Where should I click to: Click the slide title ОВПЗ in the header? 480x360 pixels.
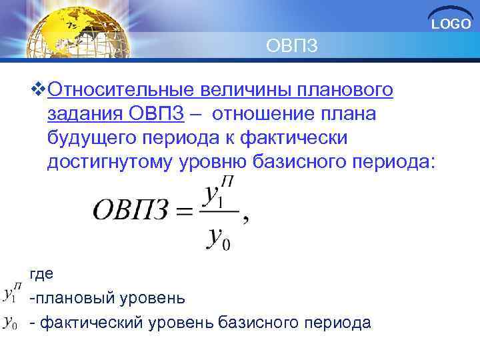click(292, 46)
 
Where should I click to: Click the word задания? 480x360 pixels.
click(83, 114)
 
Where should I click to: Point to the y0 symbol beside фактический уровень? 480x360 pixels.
click(11, 323)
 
